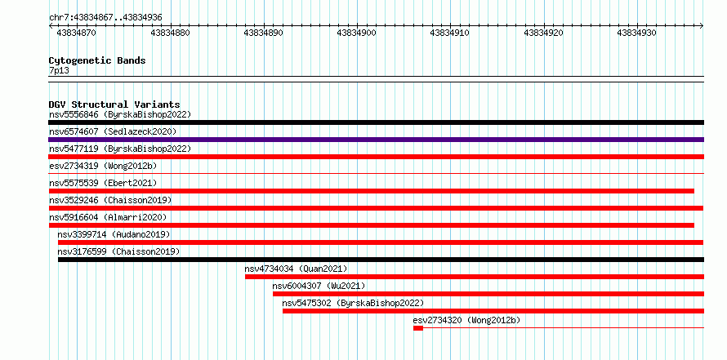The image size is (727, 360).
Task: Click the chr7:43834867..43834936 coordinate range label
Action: coord(105,18)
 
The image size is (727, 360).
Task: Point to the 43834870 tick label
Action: coord(77,33)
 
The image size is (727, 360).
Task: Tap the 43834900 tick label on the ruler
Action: coord(356,33)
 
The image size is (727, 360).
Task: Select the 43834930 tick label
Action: coord(636,33)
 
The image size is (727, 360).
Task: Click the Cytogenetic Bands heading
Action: coord(97,60)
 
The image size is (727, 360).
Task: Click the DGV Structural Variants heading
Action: coord(114,104)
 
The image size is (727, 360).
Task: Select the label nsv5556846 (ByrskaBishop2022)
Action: coord(120,114)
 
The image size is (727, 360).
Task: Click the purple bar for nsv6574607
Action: coord(376,140)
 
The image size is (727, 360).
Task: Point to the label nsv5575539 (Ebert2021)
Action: coord(103,183)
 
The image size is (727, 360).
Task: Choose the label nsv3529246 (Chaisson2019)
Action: coord(110,200)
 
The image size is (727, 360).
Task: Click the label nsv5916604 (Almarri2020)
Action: coord(108,217)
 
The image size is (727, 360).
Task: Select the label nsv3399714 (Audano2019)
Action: coord(114,234)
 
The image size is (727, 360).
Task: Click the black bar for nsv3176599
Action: coord(381,260)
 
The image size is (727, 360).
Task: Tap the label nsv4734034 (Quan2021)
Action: coord(296,269)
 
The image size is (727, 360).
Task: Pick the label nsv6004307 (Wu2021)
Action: coord(319,286)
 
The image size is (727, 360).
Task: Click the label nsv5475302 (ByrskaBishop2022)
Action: coord(353,303)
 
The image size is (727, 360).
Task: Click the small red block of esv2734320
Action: coord(418,328)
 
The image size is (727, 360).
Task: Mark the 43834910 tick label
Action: coord(450,33)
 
